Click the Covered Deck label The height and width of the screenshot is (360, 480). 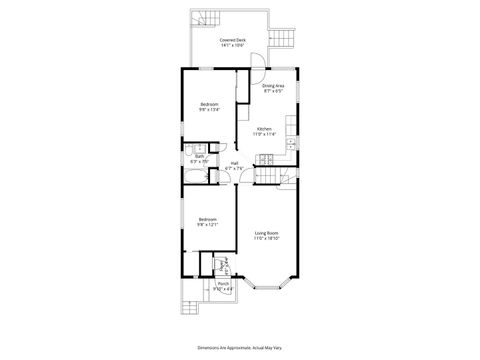click(234, 39)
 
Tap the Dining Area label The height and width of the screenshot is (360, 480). click(274, 86)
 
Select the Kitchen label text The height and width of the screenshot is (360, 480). click(264, 129)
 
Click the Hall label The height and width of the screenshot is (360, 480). click(234, 163)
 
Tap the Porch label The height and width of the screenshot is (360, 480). click(222, 283)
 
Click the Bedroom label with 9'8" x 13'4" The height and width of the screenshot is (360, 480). click(208, 104)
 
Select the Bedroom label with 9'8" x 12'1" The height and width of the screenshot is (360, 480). click(208, 219)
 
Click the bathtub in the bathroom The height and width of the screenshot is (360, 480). click(195, 179)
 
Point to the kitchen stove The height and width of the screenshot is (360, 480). click(267, 157)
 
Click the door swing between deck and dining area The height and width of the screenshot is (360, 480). click(256, 62)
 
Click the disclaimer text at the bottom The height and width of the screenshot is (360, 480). click(239, 347)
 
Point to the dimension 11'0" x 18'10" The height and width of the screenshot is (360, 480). click(266, 238)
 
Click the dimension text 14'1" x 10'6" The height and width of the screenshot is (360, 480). click(234, 45)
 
